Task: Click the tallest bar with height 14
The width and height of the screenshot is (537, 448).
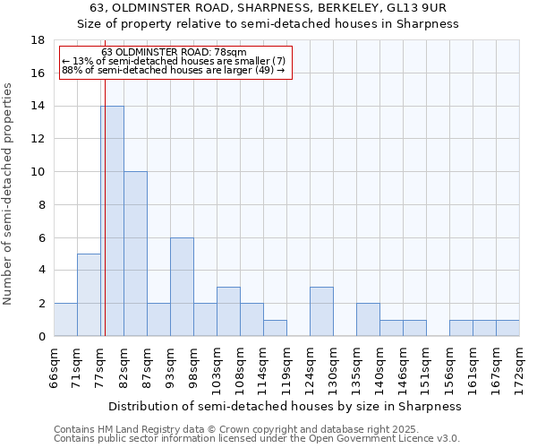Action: pyautogui.click(x=112, y=221)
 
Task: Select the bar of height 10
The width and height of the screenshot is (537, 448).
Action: pyautogui.click(x=135, y=254)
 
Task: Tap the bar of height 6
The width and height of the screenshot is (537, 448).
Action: pyautogui.click(x=182, y=287)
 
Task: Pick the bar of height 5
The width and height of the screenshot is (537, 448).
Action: pyautogui.click(x=89, y=295)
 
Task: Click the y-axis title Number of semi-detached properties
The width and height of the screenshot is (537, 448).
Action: pyautogui.click(x=9, y=194)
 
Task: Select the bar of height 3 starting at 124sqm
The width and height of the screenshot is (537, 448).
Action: pyautogui.click(x=321, y=311)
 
